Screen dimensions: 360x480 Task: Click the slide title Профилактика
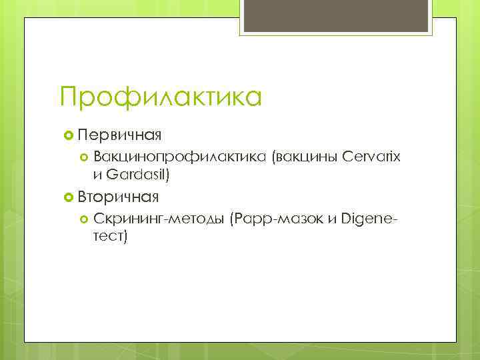click(x=160, y=97)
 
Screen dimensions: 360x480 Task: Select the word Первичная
click(x=119, y=136)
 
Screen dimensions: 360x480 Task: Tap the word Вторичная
click(x=118, y=197)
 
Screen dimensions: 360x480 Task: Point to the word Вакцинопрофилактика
click(x=180, y=157)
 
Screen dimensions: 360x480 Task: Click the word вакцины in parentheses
click(x=304, y=157)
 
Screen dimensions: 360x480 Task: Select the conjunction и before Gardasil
click(x=99, y=175)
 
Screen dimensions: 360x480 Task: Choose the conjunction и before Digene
click(x=331, y=219)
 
